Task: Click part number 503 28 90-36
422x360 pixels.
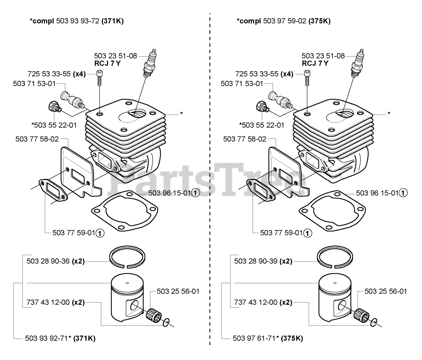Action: (48, 261)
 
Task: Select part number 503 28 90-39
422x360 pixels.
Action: (256, 261)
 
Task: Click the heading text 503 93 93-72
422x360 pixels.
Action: (78, 21)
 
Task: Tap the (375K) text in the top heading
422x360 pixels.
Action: (319, 21)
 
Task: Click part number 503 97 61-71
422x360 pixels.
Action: (254, 338)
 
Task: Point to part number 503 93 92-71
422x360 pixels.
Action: (46, 338)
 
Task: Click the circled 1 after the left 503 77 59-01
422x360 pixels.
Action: (100, 233)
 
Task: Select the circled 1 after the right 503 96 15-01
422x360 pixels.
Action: (403, 193)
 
